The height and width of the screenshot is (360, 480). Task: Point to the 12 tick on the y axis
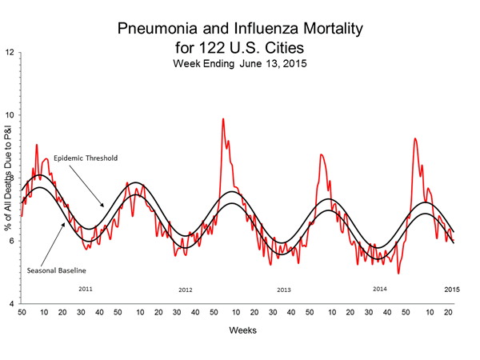9,53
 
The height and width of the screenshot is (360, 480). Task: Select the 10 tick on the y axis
9,115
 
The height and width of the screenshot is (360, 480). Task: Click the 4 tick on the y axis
10,304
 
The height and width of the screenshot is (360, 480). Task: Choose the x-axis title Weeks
246,329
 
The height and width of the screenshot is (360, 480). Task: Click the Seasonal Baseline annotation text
54,269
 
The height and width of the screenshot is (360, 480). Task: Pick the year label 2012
185,289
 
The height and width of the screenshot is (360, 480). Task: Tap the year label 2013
283,289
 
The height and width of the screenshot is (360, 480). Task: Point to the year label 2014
382,287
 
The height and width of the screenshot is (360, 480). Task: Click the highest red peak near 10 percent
222,119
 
